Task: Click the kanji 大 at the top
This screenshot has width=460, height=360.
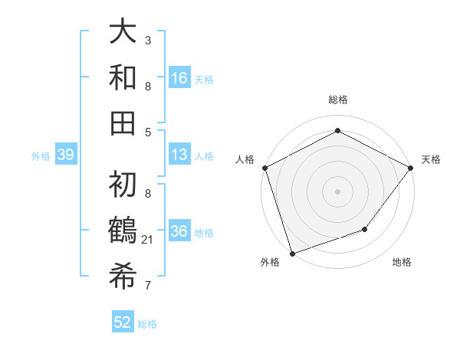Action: (123, 33)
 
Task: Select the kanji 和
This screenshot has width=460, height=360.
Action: (123, 77)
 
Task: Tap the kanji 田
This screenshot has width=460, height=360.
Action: (123, 122)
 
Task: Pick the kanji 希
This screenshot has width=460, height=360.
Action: (123, 275)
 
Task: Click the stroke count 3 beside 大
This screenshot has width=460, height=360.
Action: (148, 40)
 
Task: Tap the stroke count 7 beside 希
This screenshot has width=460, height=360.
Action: (148, 286)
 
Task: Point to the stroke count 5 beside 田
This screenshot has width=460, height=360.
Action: (148, 132)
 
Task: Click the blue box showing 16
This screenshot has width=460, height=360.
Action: (179, 77)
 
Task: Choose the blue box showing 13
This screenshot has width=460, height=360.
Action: (179, 155)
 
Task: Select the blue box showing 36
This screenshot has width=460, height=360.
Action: (179, 231)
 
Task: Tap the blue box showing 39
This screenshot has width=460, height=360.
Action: (65, 155)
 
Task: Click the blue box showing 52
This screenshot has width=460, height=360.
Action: (123, 322)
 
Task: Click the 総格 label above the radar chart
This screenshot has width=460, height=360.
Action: (337, 100)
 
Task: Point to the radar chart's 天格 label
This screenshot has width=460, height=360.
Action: (431, 159)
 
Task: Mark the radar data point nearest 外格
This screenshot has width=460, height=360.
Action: (292, 253)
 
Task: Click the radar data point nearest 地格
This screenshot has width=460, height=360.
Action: (365, 229)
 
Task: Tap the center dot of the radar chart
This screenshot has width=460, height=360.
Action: (337, 191)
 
